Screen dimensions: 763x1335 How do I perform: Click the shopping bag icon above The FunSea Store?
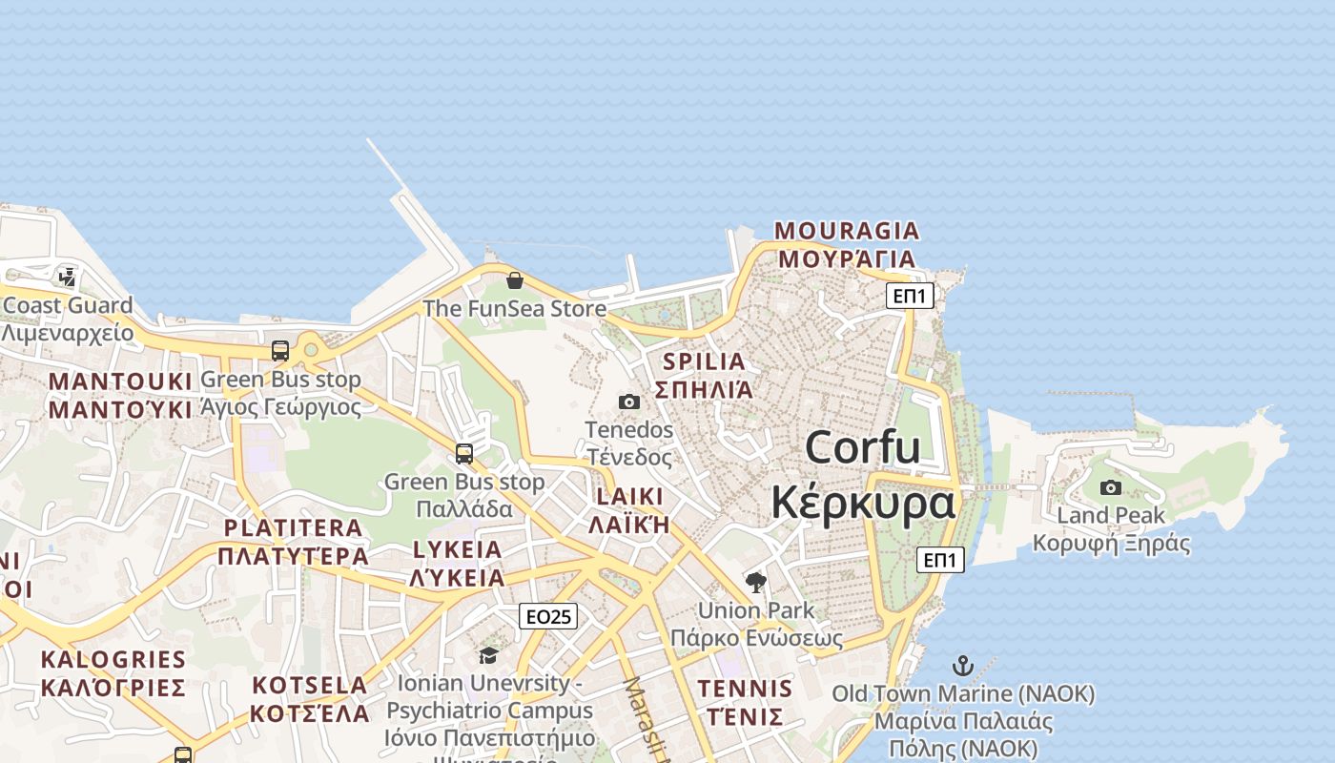[515, 280]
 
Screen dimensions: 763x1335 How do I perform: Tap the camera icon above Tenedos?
[629, 402]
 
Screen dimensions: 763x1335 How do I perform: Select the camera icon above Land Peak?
[1111, 488]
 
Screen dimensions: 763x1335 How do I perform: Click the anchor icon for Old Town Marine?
[963, 665]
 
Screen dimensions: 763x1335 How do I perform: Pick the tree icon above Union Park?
[756, 582]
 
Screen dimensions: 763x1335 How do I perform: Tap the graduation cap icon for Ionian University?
[488, 655]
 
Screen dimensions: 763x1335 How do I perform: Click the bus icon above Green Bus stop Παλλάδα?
[464, 454]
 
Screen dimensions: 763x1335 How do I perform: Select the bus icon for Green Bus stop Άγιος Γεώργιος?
[280, 351]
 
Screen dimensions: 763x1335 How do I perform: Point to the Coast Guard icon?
[67, 278]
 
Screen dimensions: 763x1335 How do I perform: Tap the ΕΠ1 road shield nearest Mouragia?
[909, 296]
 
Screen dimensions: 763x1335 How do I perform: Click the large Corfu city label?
[862, 447]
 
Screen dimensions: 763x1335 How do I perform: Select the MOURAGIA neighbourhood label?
[847, 231]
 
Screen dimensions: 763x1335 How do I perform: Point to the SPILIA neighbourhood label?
[704, 361]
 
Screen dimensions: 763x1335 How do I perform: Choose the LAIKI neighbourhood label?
[629, 496]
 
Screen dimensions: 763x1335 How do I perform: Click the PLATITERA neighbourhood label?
[293, 527]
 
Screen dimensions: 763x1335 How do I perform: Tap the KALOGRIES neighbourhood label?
[113, 659]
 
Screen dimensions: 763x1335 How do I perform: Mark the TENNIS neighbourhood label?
[745, 689]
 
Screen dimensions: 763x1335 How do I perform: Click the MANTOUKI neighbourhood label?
[120, 381]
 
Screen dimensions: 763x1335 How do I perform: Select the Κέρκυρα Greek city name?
[862, 503]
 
